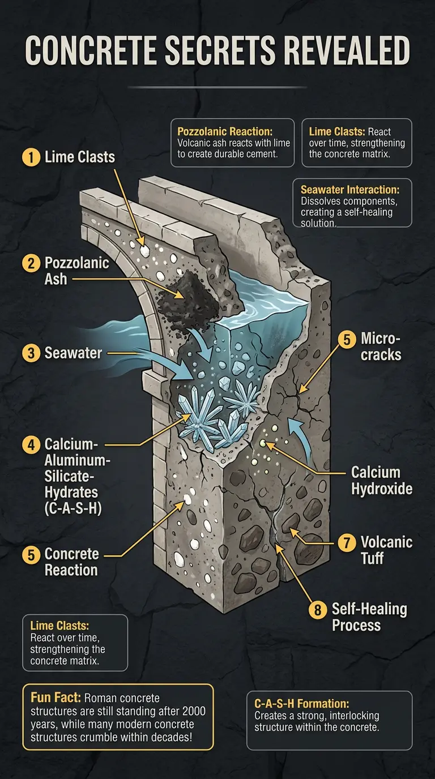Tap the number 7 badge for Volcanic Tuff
(x=347, y=542)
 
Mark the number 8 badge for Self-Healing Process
(x=318, y=609)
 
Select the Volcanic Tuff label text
(x=386, y=550)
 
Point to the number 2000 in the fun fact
(x=193, y=711)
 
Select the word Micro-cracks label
(x=381, y=346)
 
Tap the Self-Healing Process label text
(x=369, y=617)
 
